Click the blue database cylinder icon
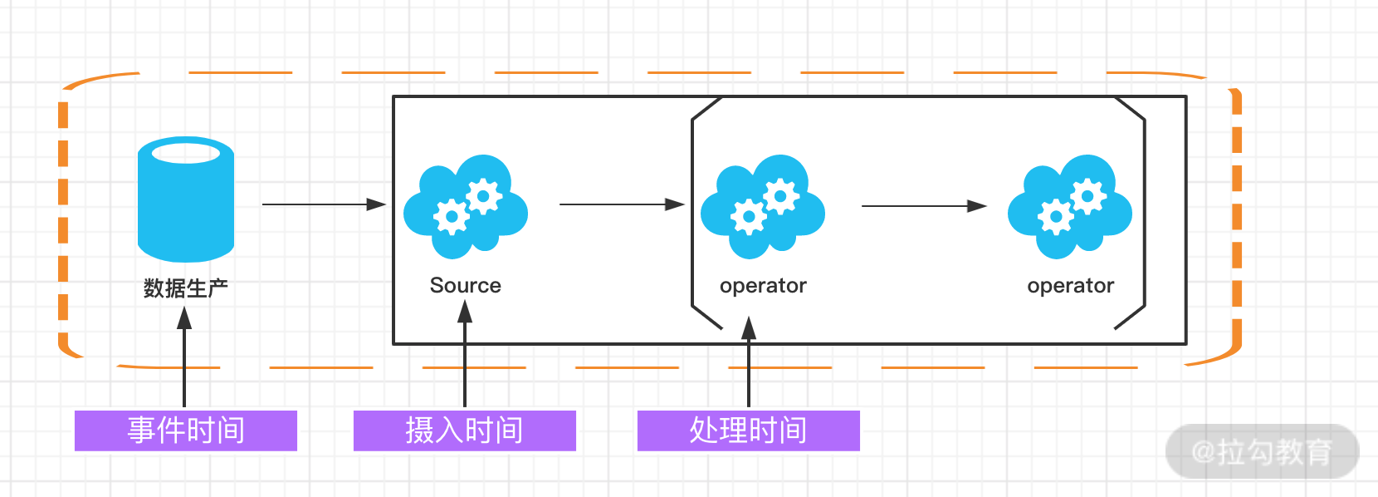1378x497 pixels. [x=186, y=204]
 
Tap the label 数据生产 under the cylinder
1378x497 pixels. [x=186, y=288]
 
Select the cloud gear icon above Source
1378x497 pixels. [x=465, y=206]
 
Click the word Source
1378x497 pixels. [x=465, y=285]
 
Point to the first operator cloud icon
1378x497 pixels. [x=762, y=206]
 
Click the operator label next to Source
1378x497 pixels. [x=763, y=286]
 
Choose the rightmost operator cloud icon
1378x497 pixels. [x=1069, y=206]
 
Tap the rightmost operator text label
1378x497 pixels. [x=1070, y=286]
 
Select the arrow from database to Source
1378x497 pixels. [x=324, y=204]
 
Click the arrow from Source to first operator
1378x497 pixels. [x=621, y=204]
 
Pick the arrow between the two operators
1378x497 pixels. [x=923, y=205]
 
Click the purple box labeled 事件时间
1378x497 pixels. [x=186, y=431]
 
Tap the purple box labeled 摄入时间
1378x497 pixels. [x=465, y=431]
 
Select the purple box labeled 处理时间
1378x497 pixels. [x=748, y=431]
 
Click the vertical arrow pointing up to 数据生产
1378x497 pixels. [x=184, y=357]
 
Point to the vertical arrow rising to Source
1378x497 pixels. [x=465, y=354]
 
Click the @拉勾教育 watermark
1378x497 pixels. [x=1262, y=452]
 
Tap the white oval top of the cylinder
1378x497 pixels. [x=186, y=153]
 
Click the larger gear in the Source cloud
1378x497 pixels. [x=484, y=197]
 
